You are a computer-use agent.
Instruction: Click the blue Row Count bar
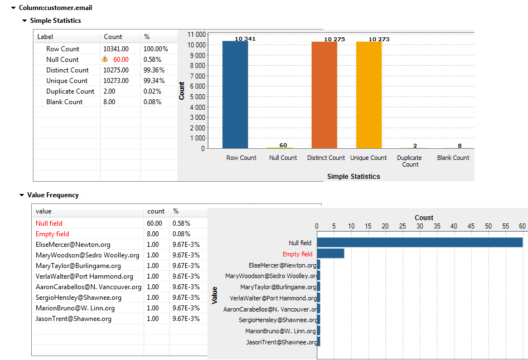[x=235, y=95]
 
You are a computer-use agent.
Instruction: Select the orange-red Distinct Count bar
[x=324, y=95]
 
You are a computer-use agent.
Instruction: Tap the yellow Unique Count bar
[x=369, y=95]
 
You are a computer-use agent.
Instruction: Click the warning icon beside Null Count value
[x=105, y=60]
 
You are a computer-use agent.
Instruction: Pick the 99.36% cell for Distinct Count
[x=153, y=70]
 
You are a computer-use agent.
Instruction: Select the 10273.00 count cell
[x=116, y=81]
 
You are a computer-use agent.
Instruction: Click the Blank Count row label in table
[x=64, y=102]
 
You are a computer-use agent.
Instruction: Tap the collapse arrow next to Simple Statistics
[x=25, y=21]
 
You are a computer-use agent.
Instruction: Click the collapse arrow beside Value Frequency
[x=22, y=196]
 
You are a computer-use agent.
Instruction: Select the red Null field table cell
[x=49, y=223]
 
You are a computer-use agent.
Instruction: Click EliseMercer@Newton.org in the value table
[x=73, y=245]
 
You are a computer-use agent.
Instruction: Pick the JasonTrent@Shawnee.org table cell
[x=74, y=319]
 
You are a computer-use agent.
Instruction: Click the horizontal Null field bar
[x=419, y=242]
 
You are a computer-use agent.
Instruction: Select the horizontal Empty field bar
[x=330, y=254]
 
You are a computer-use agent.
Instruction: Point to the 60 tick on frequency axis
[x=522, y=226]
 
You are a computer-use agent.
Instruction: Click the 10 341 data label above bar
[x=235, y=39]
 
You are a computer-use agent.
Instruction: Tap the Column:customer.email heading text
[x=55, y=8]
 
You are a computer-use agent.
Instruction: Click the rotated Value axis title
[x=215, y=295]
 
